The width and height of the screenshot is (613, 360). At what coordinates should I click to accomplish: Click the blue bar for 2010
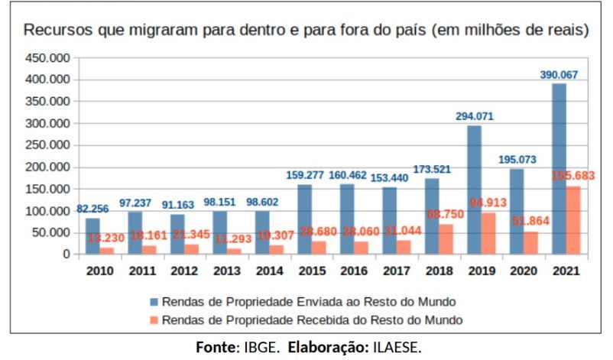coord(92,235)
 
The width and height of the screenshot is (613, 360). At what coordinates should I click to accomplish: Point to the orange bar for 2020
coord(530,242)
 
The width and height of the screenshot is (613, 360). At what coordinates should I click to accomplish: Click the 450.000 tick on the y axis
coord(47,58)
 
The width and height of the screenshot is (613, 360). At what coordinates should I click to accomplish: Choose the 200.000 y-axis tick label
coord(47,167)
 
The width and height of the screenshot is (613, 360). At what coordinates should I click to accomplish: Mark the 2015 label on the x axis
coord(312,270)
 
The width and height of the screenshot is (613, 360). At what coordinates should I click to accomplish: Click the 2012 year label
coord(184,270)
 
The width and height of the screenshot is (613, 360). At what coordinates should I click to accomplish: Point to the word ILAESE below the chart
coord(397,348)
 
